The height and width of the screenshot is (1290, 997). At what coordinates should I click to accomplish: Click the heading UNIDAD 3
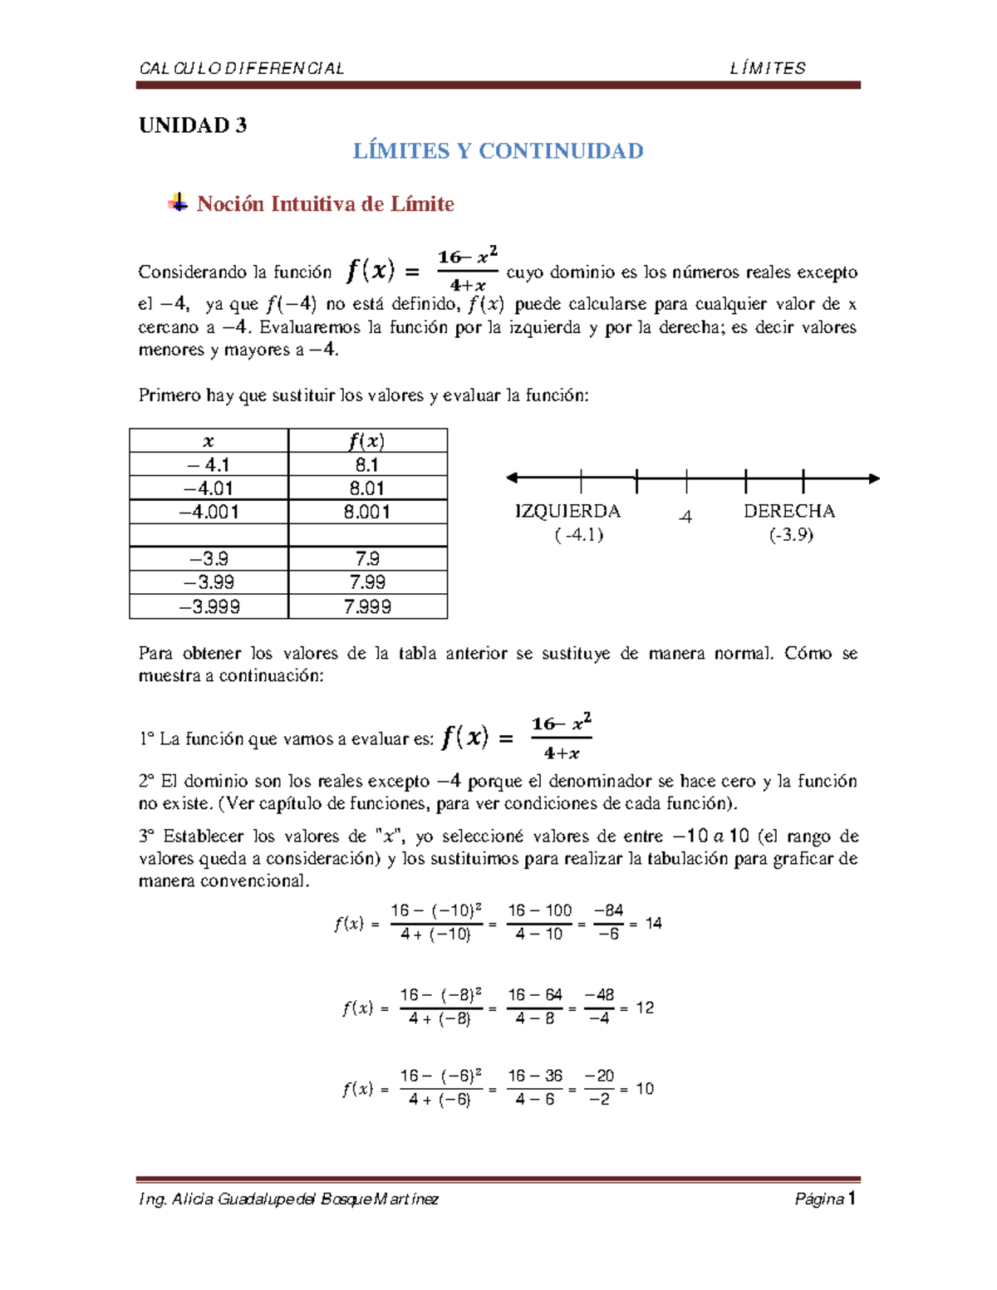click(x=193, y=125)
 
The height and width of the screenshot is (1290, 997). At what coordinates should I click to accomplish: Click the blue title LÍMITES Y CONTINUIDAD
click(x=498, y=151)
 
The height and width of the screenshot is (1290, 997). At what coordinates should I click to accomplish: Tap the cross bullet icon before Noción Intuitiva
click(x=178, y=203)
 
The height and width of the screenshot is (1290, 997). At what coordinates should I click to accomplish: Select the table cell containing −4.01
click(x=209, y=488)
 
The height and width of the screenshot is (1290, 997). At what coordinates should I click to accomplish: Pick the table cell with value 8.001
click(x=367, y=512)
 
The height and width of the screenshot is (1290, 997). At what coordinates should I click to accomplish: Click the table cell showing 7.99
click(x=367, y=582)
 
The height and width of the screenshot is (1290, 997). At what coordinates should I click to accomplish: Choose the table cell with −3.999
click(x=209, y=606)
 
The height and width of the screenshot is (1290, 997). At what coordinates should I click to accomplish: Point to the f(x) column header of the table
click(x=367, y=441)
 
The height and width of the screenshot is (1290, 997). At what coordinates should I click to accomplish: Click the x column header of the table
click(x=209, y=441)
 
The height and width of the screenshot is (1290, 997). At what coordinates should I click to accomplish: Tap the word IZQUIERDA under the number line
click(x=567, y=511)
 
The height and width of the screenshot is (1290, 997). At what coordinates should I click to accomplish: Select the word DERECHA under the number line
click(x=789, y=511)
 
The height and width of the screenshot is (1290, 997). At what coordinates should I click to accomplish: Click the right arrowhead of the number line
click(x=874, y=478)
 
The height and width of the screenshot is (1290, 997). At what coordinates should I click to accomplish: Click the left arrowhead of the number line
click(x=513, y=478)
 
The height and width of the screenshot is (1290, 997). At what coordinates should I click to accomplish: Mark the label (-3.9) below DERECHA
click(x=791, y=534)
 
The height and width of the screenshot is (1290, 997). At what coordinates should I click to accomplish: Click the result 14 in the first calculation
click(x=654, y=923)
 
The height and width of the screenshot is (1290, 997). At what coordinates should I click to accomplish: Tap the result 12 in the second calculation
click(x=645, y=1008)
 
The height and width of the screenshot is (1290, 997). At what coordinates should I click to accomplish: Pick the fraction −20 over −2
click(x=599, y=1087)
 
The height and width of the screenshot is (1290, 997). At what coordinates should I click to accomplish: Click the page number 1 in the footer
click(x=852, y=1198)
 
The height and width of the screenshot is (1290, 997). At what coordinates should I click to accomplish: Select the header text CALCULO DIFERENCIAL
click(x=242, y=68)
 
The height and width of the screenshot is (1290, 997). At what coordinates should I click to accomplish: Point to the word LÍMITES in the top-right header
click(x=768, y=68)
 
